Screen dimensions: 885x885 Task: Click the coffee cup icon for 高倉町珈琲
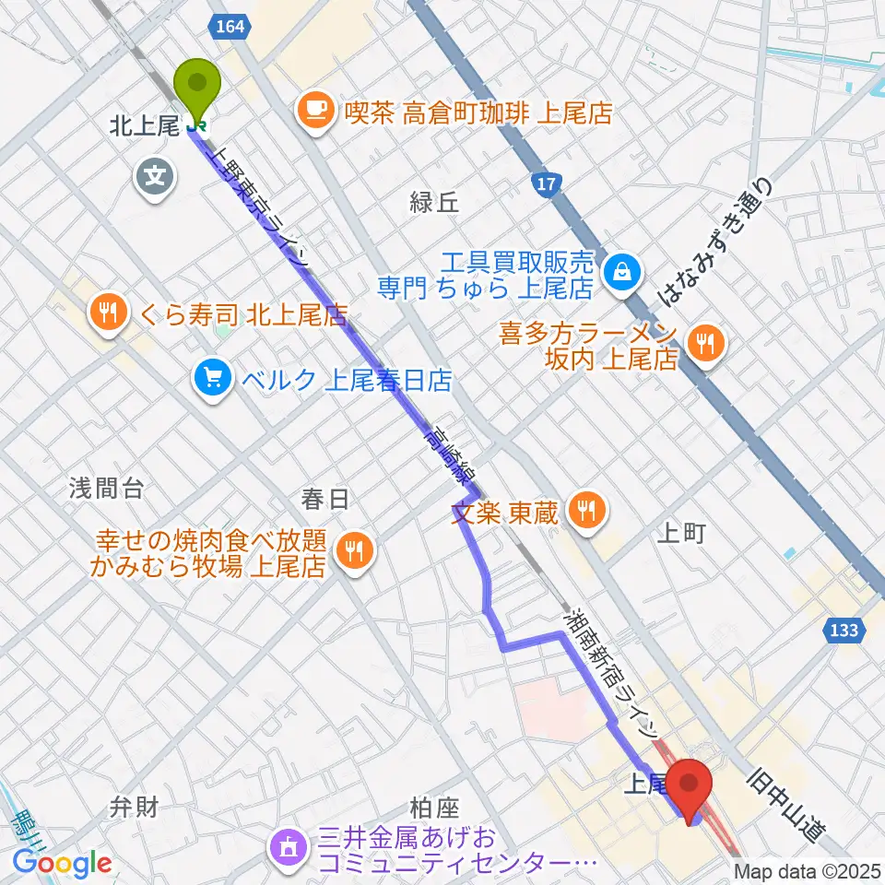315,112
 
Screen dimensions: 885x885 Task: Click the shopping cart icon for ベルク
213,378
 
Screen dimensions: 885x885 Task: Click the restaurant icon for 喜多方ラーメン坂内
705,345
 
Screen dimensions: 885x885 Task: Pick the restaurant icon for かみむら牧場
352,552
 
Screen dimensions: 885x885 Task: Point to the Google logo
62,863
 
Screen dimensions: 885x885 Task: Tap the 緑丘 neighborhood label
433,204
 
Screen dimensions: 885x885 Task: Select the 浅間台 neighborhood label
106,489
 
